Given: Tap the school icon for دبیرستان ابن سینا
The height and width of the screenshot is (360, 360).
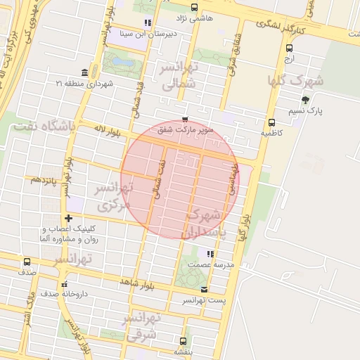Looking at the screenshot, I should coord(147,22).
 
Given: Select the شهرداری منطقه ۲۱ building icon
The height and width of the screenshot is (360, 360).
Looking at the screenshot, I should coord(85,72).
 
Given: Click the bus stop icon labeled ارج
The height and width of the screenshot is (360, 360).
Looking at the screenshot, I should coord(290,48).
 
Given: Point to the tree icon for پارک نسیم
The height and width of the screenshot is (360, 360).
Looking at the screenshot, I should coord(304,100).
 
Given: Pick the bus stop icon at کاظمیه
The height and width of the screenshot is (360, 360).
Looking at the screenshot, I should coord(271,122).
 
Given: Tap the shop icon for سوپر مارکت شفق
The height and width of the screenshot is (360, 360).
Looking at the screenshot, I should coord(185,120).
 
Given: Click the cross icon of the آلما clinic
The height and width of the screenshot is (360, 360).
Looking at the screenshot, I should coord(68,218).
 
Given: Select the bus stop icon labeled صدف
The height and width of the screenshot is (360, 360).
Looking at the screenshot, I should coord(27,262).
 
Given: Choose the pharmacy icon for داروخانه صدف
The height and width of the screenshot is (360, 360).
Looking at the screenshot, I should coord(64,285).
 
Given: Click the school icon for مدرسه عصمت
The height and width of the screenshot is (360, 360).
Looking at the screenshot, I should coord(210,254).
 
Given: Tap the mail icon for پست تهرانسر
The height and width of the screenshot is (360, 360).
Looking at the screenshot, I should coord(204,290).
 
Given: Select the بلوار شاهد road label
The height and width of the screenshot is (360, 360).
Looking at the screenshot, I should coord(136,282).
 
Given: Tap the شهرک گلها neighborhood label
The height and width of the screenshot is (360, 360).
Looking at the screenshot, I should coord(295,80).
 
